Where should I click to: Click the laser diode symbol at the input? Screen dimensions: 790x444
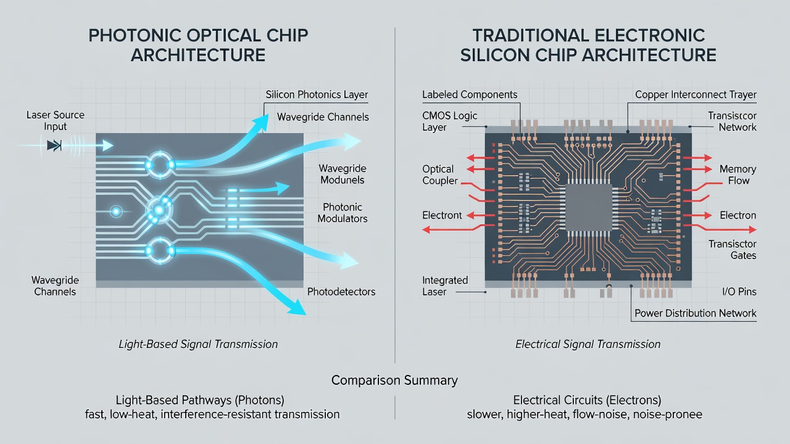(54, 145)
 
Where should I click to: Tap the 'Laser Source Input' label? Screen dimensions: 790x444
(56, 120)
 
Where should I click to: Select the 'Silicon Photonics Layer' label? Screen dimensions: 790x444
(317, 94)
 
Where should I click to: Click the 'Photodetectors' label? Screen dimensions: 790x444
(341, 292)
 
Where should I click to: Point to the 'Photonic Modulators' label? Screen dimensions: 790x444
(343, 213)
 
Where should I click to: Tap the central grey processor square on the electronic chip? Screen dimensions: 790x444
(589, 208)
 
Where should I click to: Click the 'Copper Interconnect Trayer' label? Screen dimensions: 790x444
(696, 94)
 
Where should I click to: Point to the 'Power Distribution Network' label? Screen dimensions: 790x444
(696, 313)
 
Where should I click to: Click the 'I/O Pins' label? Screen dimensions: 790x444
(739, 292)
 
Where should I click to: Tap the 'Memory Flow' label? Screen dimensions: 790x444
(738, 175)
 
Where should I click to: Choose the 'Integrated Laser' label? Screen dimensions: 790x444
(445, 286)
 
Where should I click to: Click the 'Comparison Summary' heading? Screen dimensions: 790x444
(394, 380)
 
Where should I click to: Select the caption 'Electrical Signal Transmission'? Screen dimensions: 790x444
(588, 344)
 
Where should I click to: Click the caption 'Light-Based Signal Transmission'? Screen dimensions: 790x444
(198, 344)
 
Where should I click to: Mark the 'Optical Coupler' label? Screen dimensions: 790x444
(440, 175)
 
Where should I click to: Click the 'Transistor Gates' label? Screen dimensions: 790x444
(733, 250)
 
